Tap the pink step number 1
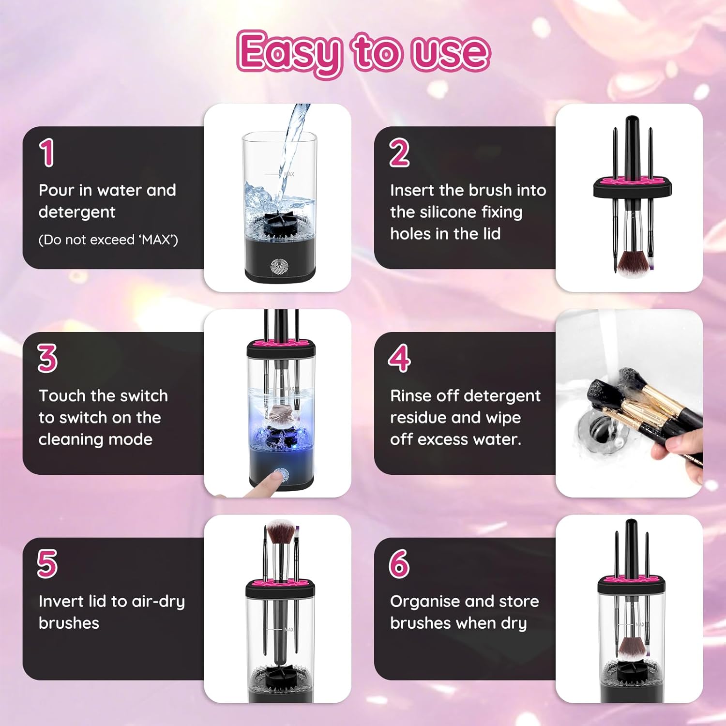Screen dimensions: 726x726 [47, 153]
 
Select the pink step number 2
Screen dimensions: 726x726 [399, 153]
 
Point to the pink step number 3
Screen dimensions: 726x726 [47, 359]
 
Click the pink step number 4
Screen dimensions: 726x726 [399, 359]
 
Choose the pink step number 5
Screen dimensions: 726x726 [47, 564]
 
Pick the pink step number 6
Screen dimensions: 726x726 [399, 564]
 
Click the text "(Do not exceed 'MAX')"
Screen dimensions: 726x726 [108, 240]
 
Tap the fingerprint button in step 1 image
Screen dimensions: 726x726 [279, 267]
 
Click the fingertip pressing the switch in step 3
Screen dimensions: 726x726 [274, 479]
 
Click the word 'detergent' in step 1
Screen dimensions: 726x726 [77, 212]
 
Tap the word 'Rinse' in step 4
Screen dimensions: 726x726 [411, 396]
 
